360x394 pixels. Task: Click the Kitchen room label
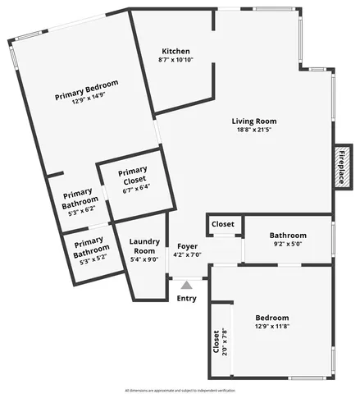tap(175, 49)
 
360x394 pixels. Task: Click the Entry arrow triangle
tap(187, 285)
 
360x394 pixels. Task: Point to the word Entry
tap(187, 298)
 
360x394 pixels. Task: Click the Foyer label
tap(187, 245)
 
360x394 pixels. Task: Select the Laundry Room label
tap(144, 246)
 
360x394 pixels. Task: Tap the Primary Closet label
tap(132, 176)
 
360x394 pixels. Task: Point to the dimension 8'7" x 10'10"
tap(175, 59)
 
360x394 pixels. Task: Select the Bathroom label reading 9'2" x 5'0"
tap(288, 235)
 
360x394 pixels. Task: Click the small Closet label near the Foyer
tap(223, 224)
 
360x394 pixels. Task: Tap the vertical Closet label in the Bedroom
tap(216, 342)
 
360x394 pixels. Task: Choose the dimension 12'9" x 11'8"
tap(271, 327)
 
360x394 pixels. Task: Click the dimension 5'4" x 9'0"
tap(144, 259)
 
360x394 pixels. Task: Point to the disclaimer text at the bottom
tap(180, 389)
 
